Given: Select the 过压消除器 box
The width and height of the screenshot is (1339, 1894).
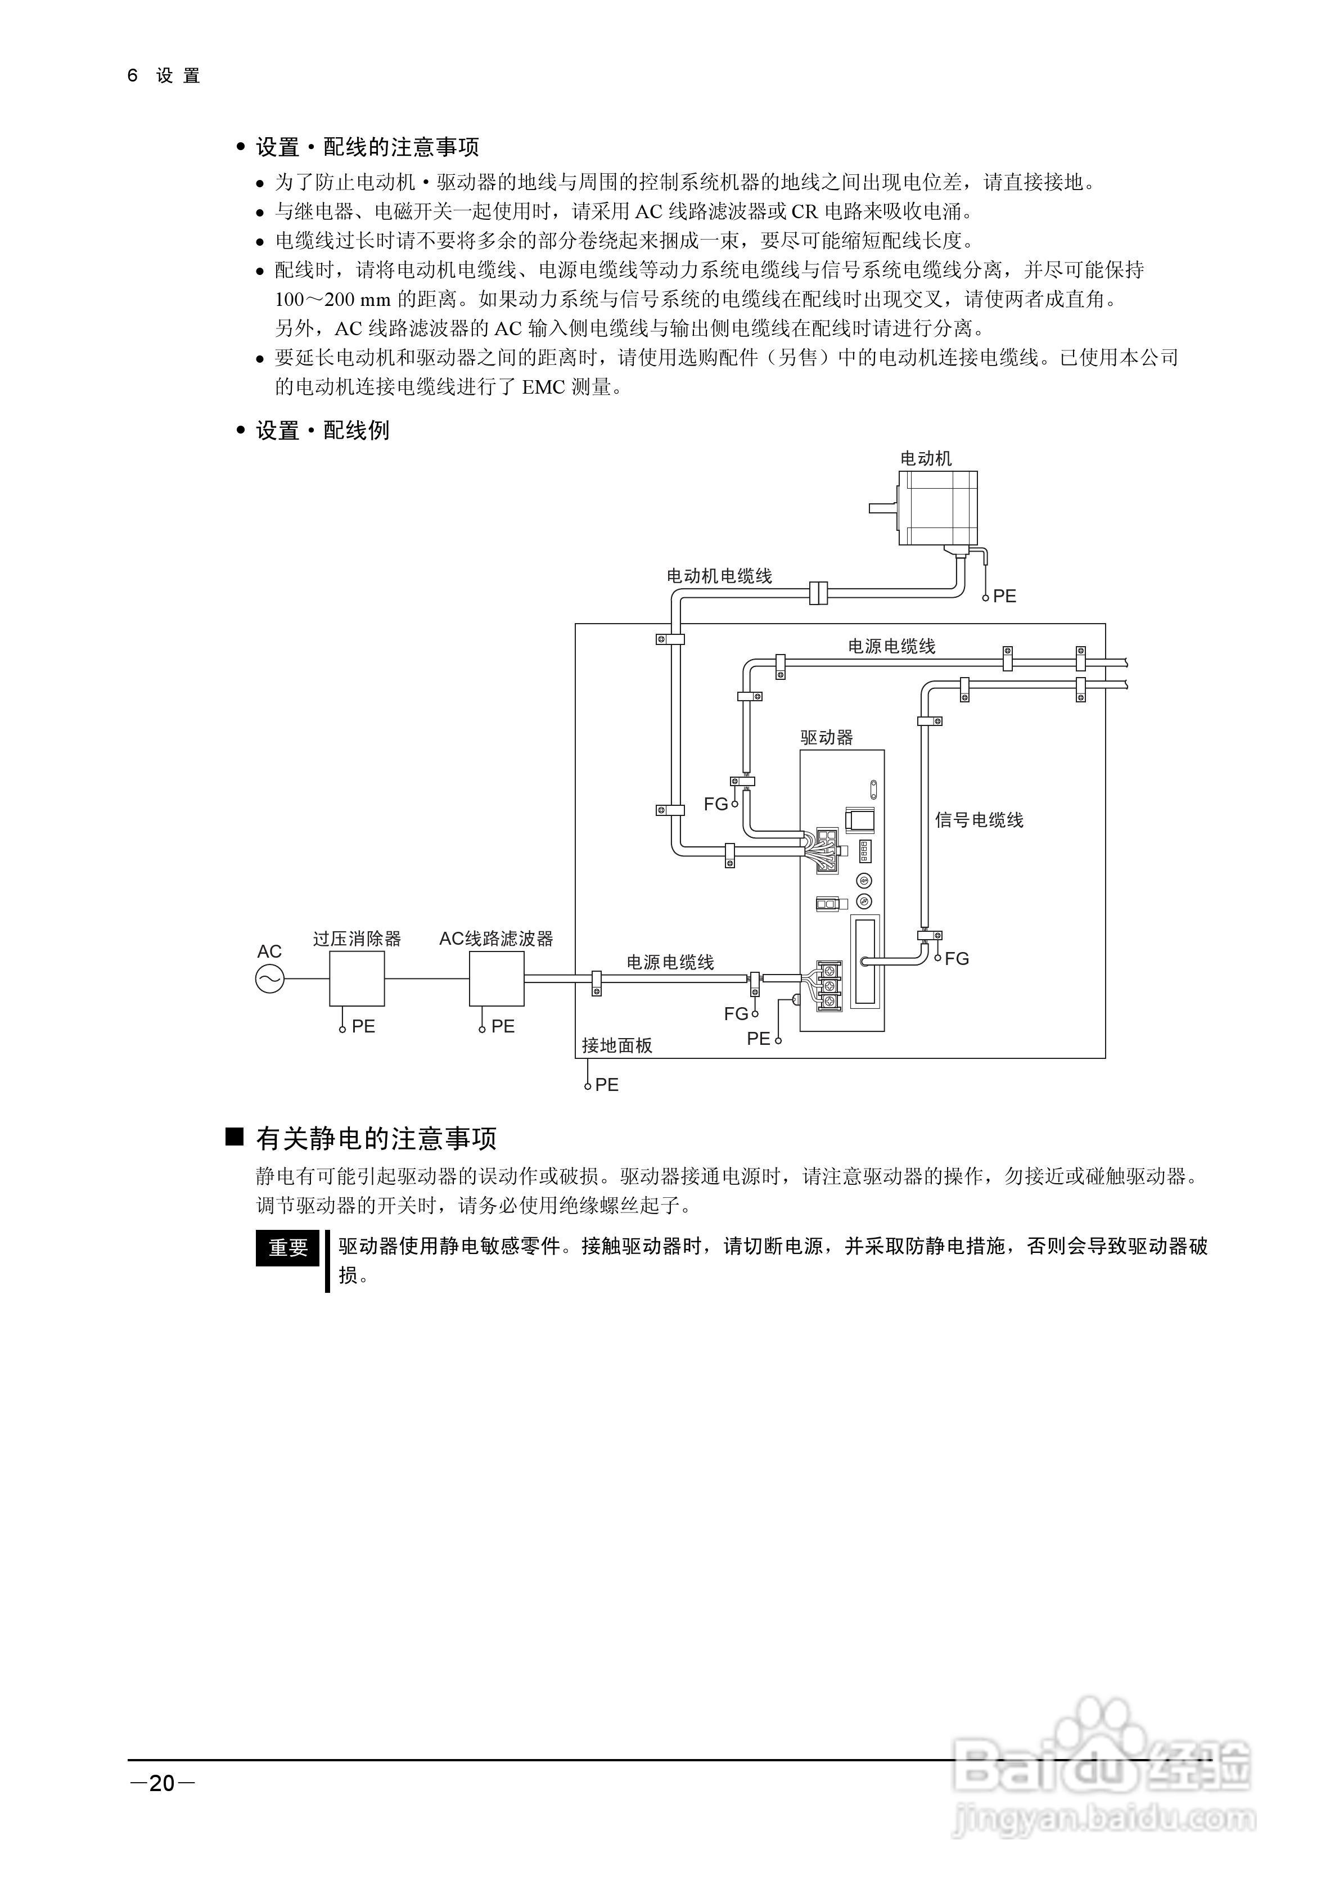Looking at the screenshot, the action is pos(357,978).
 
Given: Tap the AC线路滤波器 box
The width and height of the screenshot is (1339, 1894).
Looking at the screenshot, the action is pos(496,978).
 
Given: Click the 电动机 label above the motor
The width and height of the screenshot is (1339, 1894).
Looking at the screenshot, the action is pos(926,459).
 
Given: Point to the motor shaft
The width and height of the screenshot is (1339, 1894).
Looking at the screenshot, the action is pos(883,508).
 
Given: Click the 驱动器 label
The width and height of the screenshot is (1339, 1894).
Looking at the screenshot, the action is pos(827,737).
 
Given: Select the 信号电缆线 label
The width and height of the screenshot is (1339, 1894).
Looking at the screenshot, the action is pos(979,820).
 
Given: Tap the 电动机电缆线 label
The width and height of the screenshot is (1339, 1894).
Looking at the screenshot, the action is pos(719,576).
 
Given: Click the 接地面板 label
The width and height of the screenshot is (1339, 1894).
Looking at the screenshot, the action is pos(617,1045).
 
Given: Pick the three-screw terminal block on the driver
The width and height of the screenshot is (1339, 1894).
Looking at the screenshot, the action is pos(829,985).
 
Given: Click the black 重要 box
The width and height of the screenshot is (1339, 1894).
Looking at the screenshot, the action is pos(287,1248).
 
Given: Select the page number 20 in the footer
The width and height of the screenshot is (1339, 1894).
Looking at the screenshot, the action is pos(162,1783).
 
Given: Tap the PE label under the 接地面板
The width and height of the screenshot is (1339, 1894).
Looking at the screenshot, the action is pos(606,1085).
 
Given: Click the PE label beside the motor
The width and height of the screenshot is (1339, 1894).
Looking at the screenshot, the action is pos(1004,596).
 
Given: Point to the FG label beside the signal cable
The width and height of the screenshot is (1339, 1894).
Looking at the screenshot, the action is pos(956,959).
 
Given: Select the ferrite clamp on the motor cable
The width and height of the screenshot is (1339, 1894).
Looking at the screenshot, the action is pos(818,592).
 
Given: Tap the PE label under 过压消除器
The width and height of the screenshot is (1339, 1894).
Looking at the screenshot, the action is pos(363,1026).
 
